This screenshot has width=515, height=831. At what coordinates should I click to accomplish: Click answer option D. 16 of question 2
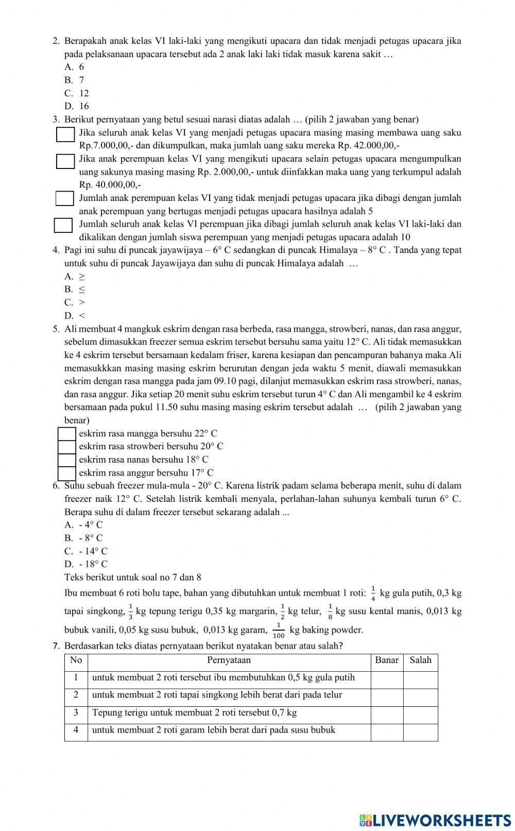point(77,106)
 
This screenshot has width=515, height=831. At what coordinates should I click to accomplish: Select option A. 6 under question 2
point(75,67)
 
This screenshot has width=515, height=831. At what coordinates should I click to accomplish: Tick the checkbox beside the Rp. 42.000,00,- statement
point(65,134)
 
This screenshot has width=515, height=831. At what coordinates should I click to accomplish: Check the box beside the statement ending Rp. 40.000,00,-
point(65,161)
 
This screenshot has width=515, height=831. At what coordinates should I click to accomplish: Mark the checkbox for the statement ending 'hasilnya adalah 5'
point(65,198)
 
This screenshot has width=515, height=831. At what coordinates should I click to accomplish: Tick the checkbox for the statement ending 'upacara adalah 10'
point(63,226)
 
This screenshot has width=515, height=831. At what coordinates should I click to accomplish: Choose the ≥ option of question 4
point(75,276)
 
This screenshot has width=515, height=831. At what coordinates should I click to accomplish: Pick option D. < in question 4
point(75,316)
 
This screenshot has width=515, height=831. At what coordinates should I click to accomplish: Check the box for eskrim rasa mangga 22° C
point(67,434)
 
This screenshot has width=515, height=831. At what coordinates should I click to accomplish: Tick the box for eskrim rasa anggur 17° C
point(67,473)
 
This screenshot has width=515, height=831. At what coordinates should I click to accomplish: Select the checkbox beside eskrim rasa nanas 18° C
point(67,460)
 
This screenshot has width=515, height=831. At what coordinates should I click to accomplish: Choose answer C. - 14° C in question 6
point(87,551)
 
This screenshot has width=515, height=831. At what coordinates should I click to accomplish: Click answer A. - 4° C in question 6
point(84,525)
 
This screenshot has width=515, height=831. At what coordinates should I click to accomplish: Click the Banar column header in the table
point(387,660)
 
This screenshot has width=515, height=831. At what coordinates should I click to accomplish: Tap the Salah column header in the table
point(420,660)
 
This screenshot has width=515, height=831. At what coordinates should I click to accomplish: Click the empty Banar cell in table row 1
point(387,679)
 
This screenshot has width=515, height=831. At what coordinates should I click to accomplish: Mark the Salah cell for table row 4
point(420,732)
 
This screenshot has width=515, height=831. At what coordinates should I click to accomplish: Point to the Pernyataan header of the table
point(229,660)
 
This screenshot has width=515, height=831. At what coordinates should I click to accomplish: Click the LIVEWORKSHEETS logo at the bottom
point(435,820)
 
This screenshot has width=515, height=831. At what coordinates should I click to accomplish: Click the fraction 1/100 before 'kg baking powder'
point(278,630)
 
